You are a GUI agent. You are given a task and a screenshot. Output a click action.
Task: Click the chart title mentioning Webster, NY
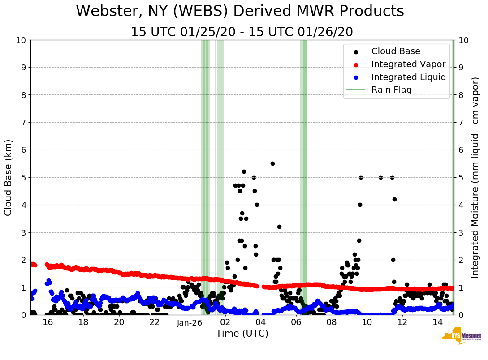click(x=240, y=12)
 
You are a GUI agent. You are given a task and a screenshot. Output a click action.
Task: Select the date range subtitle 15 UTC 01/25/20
click(x=242, y=32)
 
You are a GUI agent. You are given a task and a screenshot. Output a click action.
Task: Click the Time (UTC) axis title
click(x=242, y=334)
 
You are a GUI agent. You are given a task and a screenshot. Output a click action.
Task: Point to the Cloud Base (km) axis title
click(x=9, y=177)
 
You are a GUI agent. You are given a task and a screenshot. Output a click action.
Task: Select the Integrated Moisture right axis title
click(x=475, y=177)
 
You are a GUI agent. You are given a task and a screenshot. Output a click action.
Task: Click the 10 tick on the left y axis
click(x=21, y=40)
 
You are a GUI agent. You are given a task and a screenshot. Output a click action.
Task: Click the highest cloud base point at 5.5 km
click(x=272, y=163)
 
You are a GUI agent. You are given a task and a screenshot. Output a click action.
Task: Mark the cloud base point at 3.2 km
click(x=279, y=227)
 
